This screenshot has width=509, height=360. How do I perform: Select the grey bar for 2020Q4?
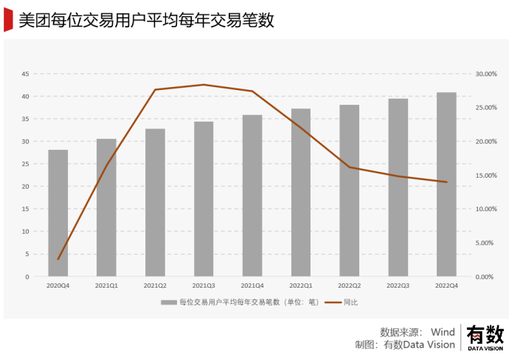58,213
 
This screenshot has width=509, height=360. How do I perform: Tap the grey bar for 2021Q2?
155,203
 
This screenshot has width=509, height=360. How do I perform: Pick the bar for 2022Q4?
446,184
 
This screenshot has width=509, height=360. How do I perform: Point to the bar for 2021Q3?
204,199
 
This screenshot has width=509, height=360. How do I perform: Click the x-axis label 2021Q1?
107,285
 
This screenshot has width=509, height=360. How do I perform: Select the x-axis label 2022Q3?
398,285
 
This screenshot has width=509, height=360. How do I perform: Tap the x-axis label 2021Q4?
252,285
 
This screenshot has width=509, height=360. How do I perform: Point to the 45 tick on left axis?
25,74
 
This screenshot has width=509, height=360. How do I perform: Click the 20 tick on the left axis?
25,187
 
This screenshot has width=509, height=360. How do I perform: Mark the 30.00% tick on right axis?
485,74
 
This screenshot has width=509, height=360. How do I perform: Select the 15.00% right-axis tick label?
485,176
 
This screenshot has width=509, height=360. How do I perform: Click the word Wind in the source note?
443,332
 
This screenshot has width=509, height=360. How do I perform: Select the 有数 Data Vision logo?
484,338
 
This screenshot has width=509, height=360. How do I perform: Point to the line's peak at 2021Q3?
204,85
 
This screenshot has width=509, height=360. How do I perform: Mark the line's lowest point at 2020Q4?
58,259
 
